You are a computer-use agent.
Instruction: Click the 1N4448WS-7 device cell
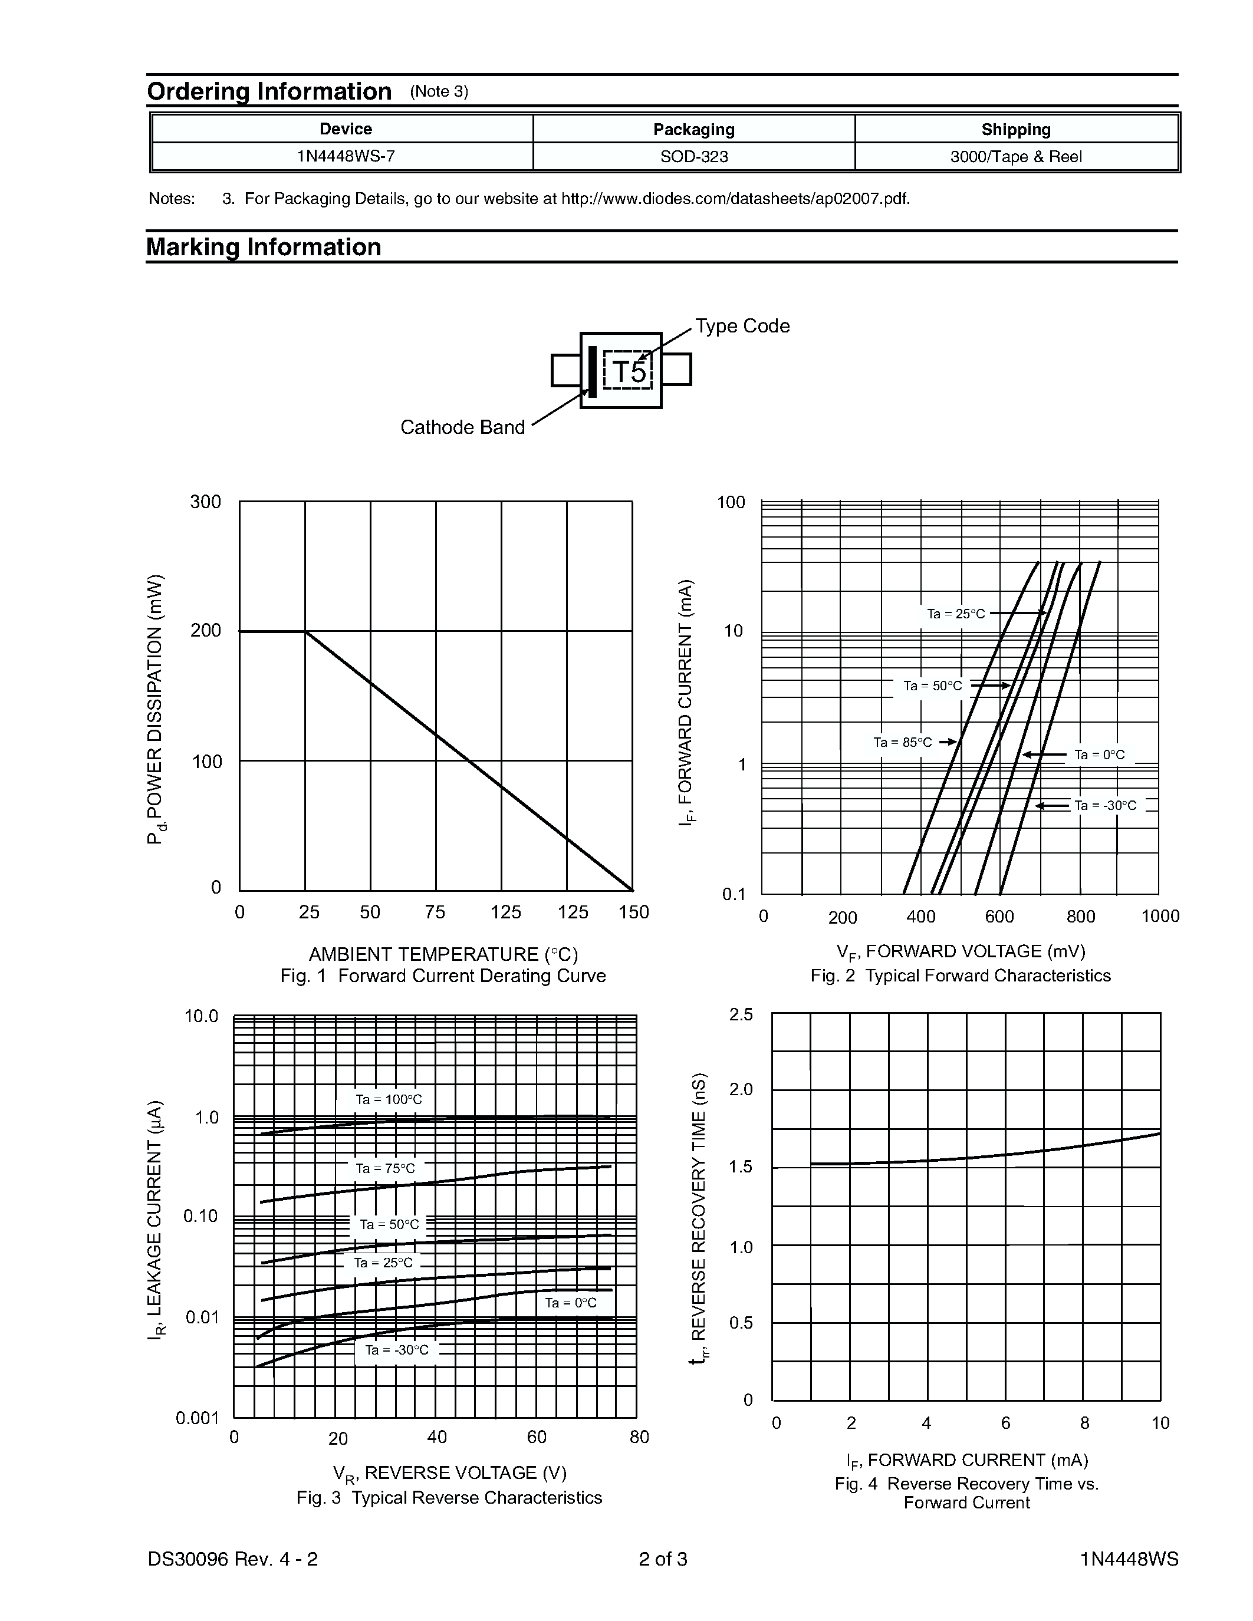345,157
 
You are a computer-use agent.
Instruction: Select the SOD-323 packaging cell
693,157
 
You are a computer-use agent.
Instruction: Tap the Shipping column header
1015,129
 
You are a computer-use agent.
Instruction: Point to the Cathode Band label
462,427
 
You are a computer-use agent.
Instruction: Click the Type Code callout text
742,326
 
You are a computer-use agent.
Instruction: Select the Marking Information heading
264,247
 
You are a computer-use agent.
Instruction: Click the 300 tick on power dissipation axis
206,502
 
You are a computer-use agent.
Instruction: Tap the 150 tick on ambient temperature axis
633,912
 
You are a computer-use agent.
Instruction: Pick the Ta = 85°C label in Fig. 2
902,742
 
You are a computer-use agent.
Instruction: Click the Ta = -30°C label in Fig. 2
1104,805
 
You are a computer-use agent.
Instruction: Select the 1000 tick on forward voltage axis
1159,916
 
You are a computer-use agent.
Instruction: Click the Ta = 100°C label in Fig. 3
388,1099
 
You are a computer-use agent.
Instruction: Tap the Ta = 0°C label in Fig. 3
570,1303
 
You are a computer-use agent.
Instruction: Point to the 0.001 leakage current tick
198,1418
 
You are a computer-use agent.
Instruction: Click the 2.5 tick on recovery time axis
741,1014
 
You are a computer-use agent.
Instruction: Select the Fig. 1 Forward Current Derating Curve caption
443,976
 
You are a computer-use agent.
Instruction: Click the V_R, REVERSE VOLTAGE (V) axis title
449,1472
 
